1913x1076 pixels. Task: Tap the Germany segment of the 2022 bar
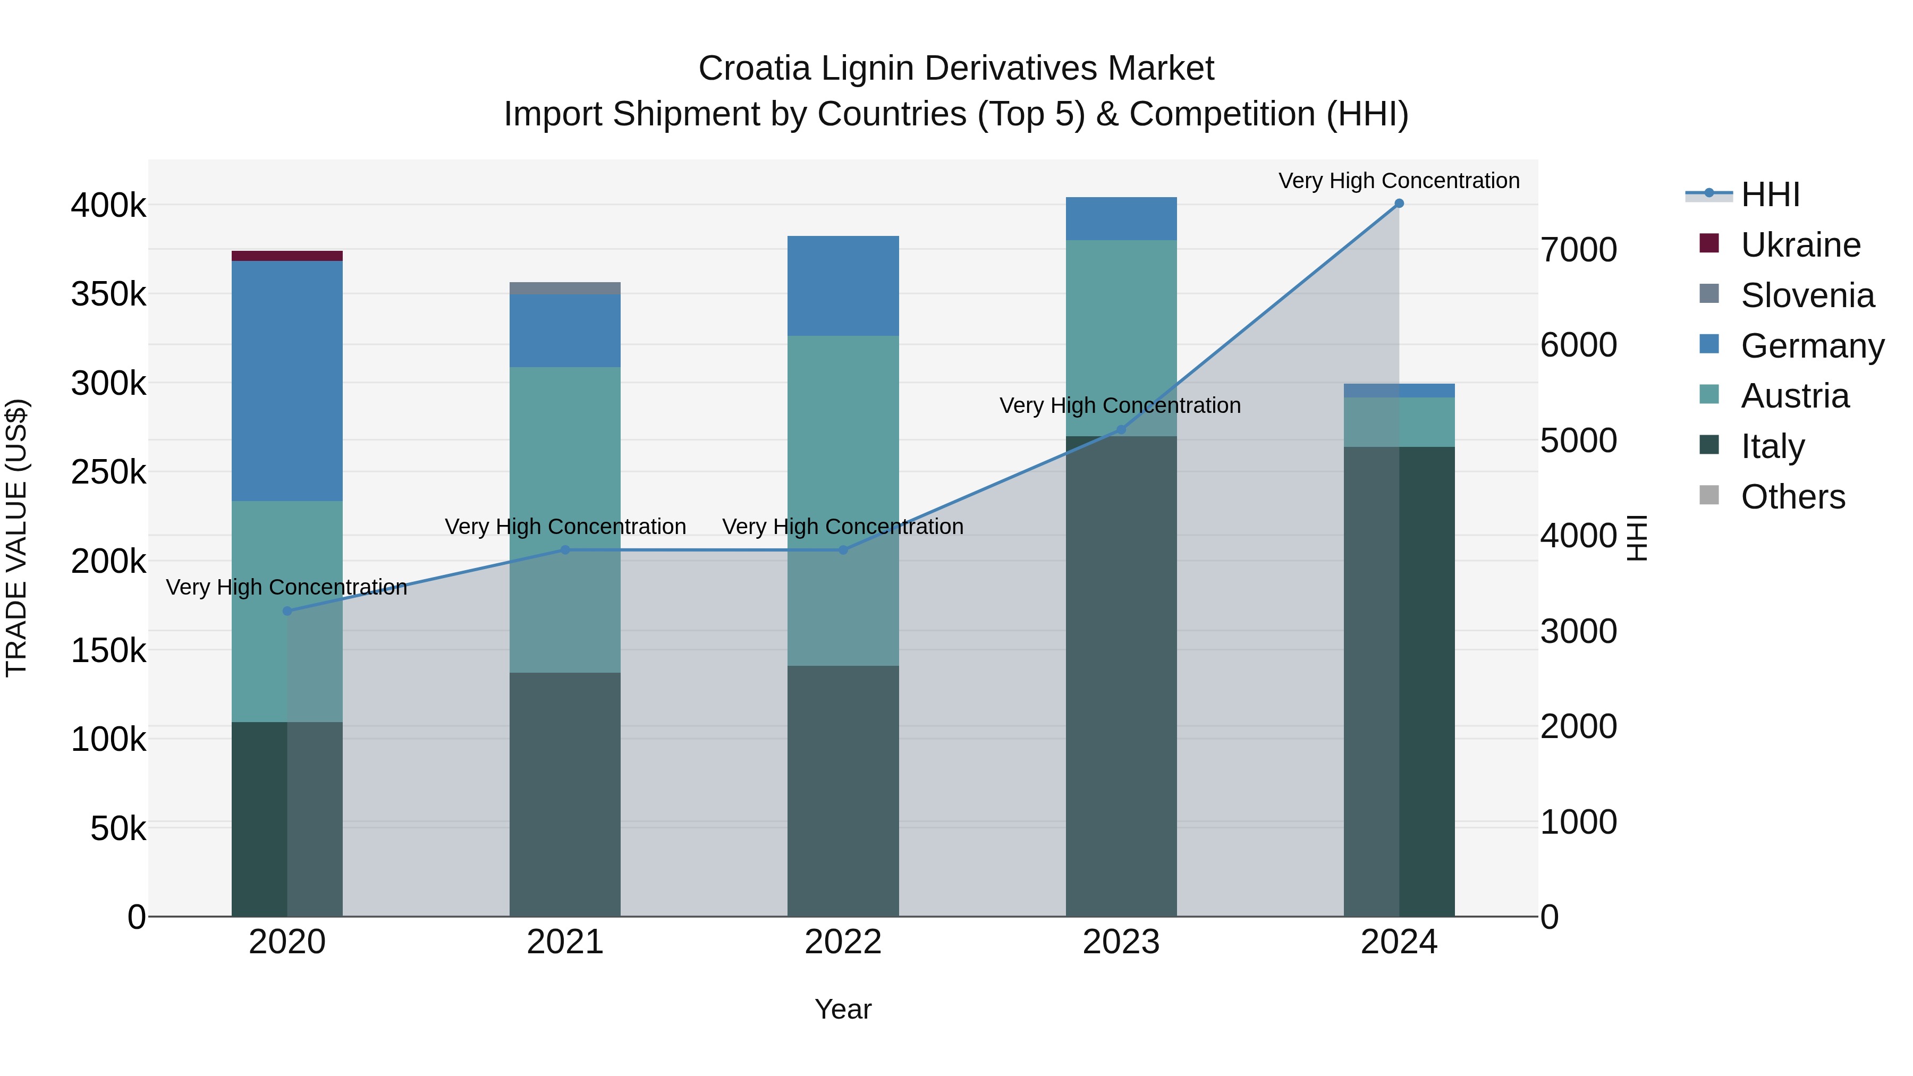(843, 286)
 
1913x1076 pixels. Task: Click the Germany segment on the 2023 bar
(1121, 218)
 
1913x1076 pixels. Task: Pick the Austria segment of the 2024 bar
(1399, 422)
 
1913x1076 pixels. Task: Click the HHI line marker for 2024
(1399, 204)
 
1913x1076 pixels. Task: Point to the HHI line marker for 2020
(287, 611)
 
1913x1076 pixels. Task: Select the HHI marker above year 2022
(843, 550)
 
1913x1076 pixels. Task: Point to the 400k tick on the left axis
(108, 206)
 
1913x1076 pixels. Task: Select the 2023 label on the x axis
(1121, 942)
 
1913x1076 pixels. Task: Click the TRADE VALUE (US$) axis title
(16, 538)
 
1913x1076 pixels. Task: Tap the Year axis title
(843, 1009)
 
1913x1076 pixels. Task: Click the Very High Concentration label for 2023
(1120, 405)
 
